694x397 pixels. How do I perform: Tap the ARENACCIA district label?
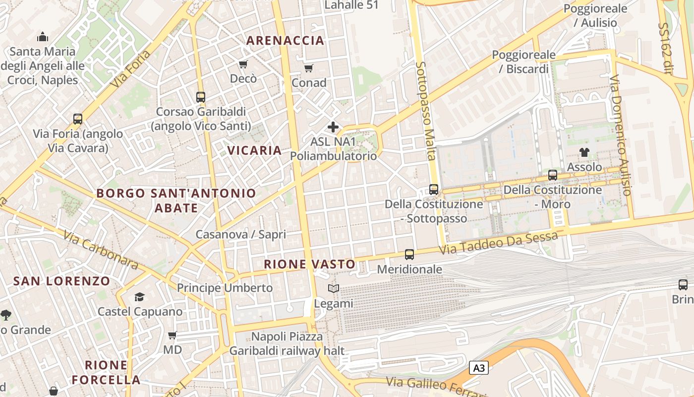pyautogui.click(x=285, y=41)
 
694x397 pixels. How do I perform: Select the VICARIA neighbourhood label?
pyautogui.click(x=254, y=150)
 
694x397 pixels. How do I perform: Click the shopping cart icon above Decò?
pyautogui.click(x=243, y=64)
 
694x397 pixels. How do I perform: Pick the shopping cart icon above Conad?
pyautogui.click(x=309, y=68)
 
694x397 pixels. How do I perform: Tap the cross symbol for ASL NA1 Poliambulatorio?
pyautogui.click(x=333, y=127)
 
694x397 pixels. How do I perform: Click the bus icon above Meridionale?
pyautogui.click(x=409, y=255)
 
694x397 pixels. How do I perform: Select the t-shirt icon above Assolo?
pyautogui.click(x=584, y=152)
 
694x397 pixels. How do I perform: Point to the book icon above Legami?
pyautogui.click(x=334, y=289)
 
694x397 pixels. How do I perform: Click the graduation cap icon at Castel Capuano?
pyautogui.click(x=139, y=297)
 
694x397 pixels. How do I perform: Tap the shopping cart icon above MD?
pyautogui.click(x=173, y=335)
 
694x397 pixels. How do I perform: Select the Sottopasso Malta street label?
pyautogui.click(x=426, y=111)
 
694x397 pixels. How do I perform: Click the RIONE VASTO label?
pyautogui.click(x=309, y=264)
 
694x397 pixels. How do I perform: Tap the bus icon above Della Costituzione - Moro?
pyautogui.click(x=553, y=175)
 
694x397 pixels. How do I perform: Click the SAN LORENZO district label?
pyautogui.click(x=61, y=281)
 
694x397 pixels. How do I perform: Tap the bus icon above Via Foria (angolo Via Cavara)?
pyautogui.click(x=78, y=119)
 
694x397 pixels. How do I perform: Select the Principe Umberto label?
pyautogui.click(x=225, y=288)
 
